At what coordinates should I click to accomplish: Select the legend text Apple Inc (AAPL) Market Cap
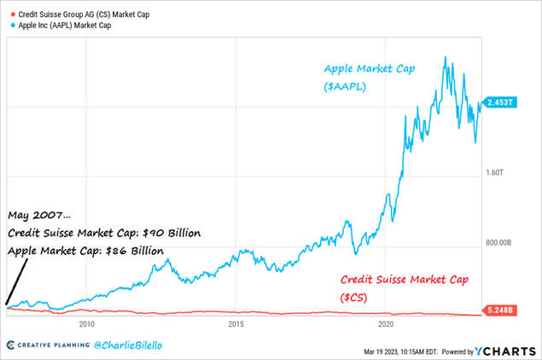coord(67,26)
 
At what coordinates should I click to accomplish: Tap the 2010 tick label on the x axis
coord(86,324)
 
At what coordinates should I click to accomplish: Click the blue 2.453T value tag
coord(498,103)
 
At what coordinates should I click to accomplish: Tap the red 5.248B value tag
coord(498,310)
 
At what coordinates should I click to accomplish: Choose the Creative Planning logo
coord(51,345)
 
